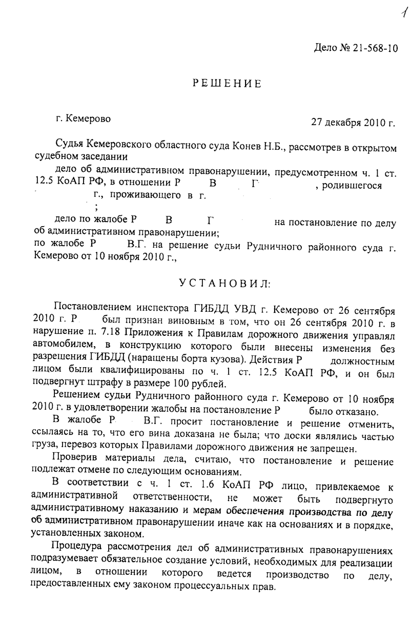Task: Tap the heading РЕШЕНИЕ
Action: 227,84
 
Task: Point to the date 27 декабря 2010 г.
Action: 354,123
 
